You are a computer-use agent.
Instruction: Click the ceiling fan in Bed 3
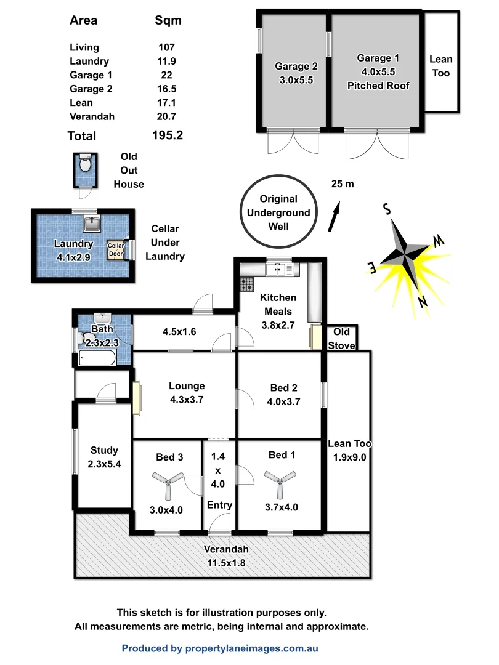[x=168, y=483]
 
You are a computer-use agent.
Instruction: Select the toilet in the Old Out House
[x=85, y=164]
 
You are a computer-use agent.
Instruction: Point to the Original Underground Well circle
[x=278, y=212]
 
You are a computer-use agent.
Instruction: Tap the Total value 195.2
[x=168, y=135]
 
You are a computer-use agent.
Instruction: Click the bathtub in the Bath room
[x=97, y=358]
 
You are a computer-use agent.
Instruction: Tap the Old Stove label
[x=341, y=339]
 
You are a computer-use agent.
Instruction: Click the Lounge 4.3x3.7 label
[x=187, y=392]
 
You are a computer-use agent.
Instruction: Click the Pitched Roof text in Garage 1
[x=378, y=86]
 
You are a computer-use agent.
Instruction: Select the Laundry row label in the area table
[x=89, y=61]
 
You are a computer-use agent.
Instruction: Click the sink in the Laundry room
[x=94, y=222]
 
